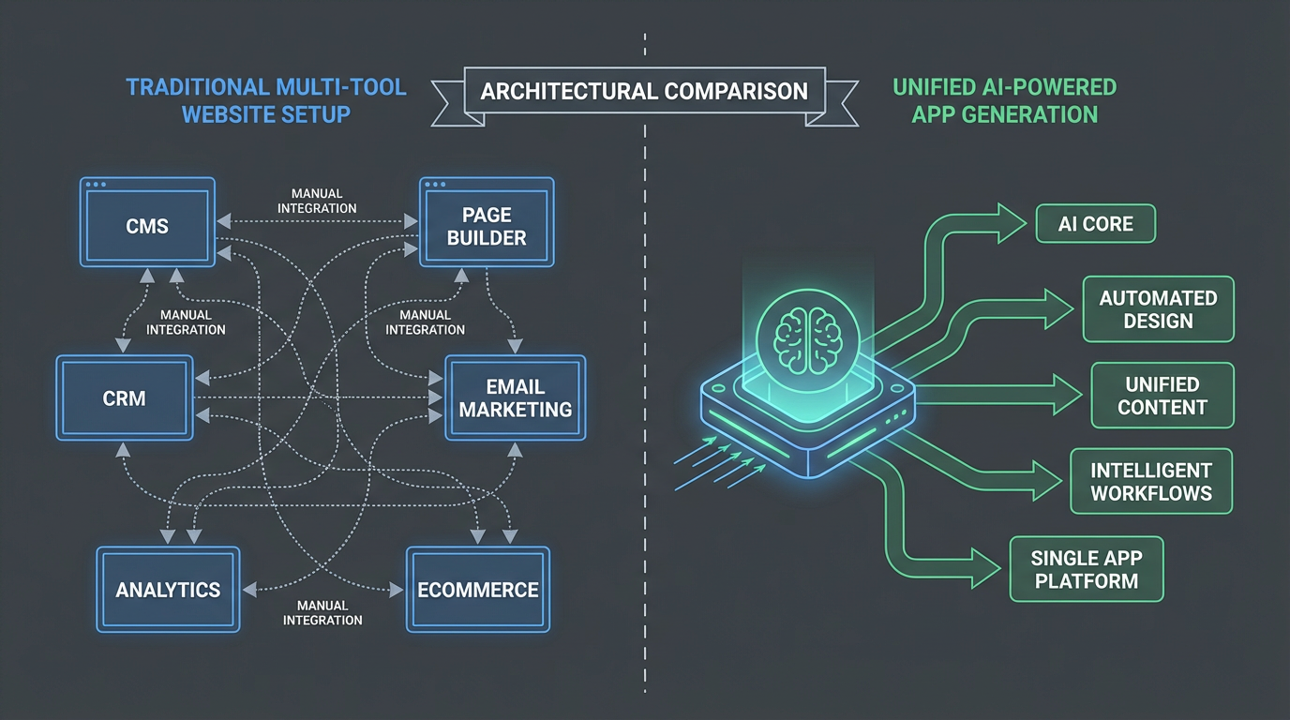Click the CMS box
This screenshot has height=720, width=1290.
(147, 226)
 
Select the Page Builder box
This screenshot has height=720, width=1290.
(487, 226)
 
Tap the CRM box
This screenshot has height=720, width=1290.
(125, 397)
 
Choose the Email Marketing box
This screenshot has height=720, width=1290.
(515, 397)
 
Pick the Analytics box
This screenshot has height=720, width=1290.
(168, 590)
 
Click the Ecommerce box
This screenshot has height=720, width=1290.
(477, 590)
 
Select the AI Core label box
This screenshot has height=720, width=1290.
(1095, 224)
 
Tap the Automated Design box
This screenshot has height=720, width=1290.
(1158, 309)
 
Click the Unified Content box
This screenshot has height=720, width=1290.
(1162, 396)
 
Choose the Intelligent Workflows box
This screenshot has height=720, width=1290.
(1151, 481)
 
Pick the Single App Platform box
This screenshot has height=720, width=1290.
(1086, 569)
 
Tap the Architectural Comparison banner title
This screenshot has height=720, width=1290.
(644, 91)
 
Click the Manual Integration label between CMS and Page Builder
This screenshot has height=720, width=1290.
(317, 200)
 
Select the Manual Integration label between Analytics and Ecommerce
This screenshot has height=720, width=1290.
(322, 612)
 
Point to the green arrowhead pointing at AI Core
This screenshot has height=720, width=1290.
(1012, 223)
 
